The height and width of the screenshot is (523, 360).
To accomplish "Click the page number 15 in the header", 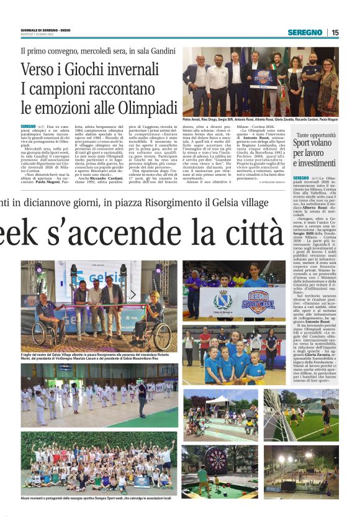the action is tap(335, 32).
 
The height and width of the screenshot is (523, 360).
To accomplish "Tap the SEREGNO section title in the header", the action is tap(305, 32).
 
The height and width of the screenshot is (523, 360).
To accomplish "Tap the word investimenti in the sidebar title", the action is tap(317, 163).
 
